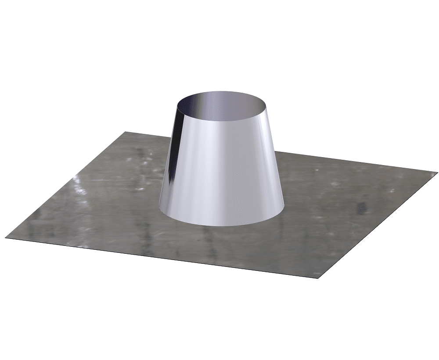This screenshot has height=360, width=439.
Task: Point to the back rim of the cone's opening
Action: [223, 92]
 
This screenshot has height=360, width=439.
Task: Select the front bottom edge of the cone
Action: [222, 226]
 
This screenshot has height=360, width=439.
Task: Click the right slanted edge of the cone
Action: [276, 158]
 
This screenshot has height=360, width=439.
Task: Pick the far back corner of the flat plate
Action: [126, 131]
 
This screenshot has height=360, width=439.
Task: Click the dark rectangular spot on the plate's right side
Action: [362, 206]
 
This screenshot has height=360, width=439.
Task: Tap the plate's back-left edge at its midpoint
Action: [66, 186]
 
